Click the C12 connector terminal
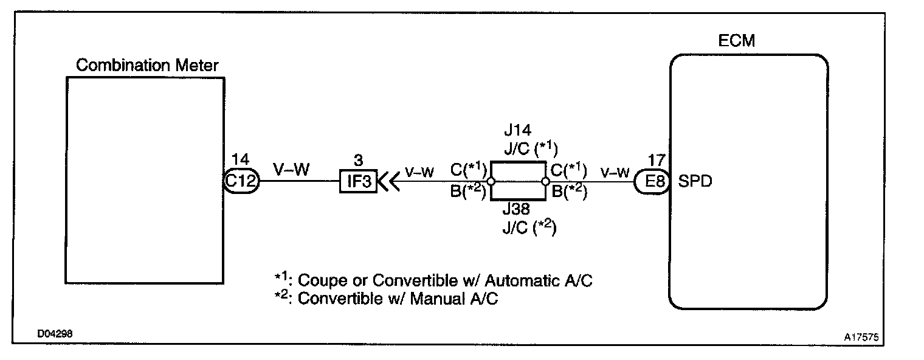tap(242, 181)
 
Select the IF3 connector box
tap(358, 181)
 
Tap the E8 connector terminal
tap(652, 181)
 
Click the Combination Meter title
tap(148, 66)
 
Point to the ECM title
tap(737, 42)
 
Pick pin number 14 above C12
tap(240, 160)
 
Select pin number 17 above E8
tap(656, 160)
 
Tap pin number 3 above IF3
tap(359, 160)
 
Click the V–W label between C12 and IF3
tap(291, 169)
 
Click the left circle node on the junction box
tap(491, 181)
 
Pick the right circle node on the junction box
tap(545, 181)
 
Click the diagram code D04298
tap(56, 334)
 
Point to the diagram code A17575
tap(863, 336)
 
